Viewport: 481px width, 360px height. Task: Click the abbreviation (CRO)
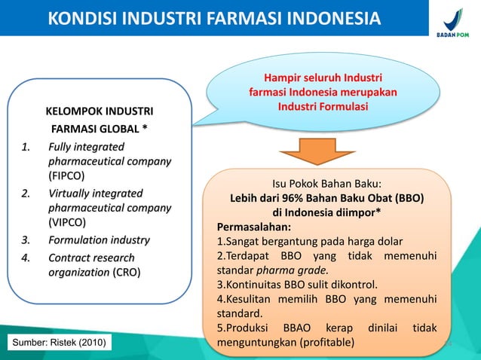(x=126, y=273)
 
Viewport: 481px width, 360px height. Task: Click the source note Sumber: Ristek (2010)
(x=57, y=344)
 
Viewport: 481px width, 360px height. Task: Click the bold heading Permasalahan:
(x=253, y=227)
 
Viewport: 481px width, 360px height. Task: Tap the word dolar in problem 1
(x=388, y=241)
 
